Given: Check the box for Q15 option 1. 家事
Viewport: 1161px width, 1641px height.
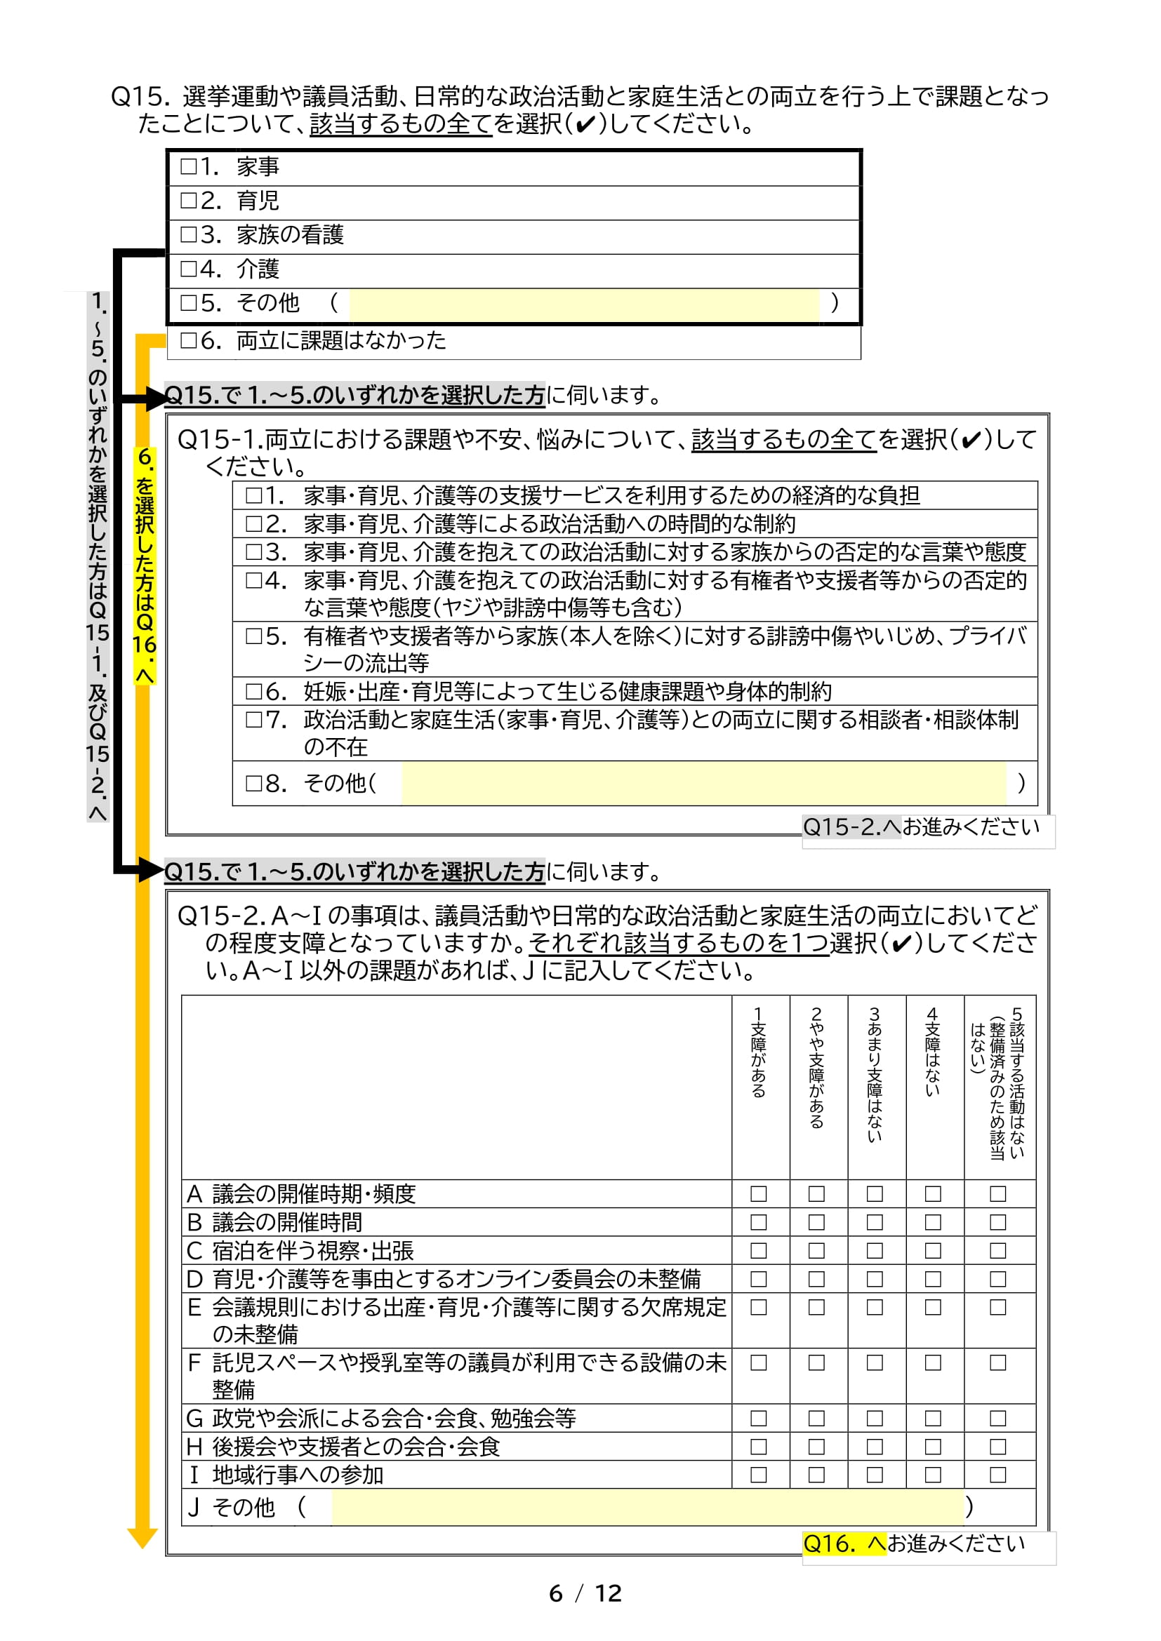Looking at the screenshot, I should click(x=188, y=166).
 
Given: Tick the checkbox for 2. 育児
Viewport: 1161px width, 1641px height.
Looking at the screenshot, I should click(x=188, y=200).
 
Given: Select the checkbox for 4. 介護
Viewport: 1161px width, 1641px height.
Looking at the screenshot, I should click(x=188, y=269).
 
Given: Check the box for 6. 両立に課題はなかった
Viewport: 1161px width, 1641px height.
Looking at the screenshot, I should click(x=188, y=340).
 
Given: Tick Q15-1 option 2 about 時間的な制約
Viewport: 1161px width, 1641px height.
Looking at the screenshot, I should click(x=254, y=524).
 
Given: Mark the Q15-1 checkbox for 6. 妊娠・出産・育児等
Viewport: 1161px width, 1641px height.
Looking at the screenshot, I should click(x=254, y=691).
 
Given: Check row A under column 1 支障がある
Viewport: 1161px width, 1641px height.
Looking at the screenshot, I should click(x=759, y=1193).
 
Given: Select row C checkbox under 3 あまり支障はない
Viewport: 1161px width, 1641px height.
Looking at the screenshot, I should click(x=875, y=1251).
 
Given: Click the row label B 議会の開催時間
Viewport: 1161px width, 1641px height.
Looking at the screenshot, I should click(x=274, y=1222).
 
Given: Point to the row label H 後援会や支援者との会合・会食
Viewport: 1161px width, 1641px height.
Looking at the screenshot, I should click(x=343, y=1447).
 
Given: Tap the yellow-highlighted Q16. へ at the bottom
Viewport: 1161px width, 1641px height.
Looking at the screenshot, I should click(x=844, y=1543).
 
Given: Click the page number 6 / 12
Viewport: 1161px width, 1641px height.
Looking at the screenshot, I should click(x=585, y=1593).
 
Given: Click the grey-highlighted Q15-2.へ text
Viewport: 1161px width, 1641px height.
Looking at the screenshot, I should click(x=851, y=827).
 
